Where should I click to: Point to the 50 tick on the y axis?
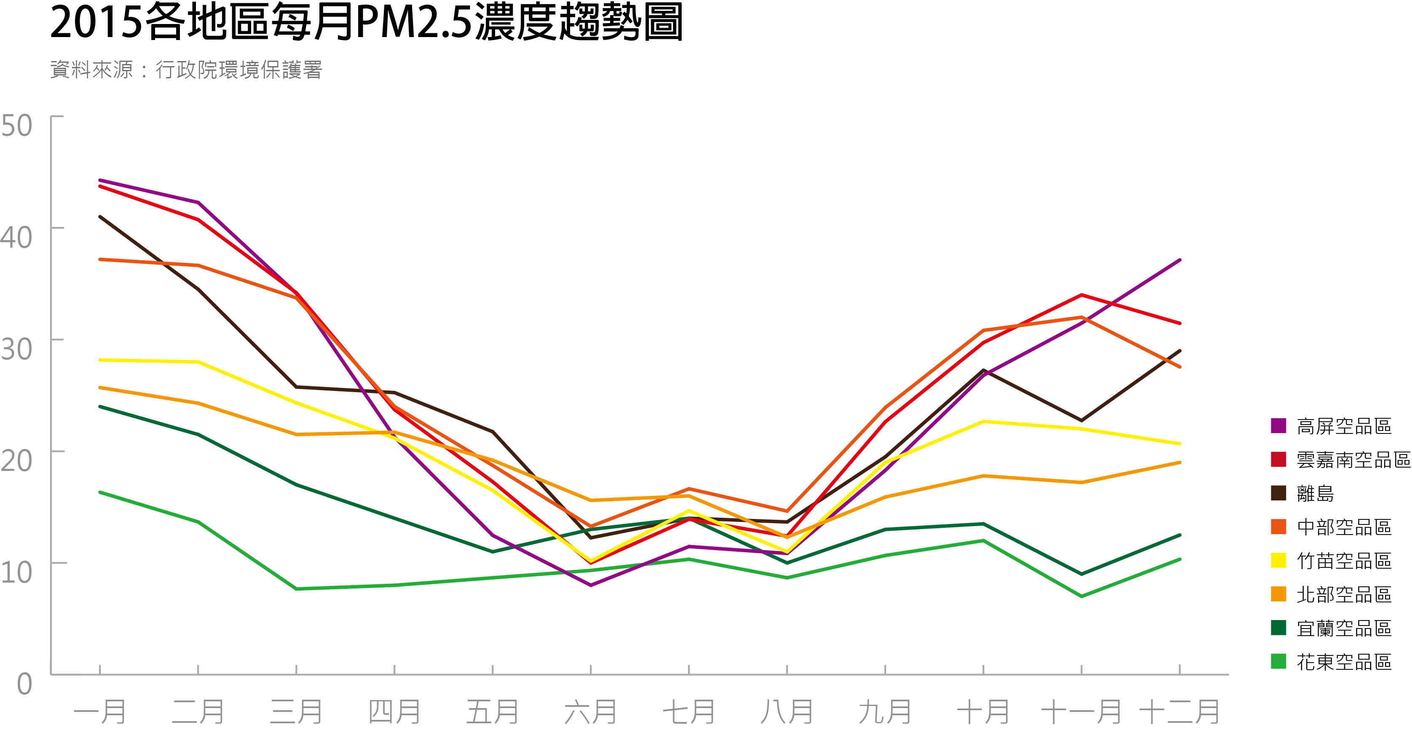click(x=16, y=126)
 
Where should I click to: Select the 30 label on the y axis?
click(x=16, y=349)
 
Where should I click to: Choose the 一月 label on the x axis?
click(x=100, y=712)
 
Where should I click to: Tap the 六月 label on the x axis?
click(x=590, y=712)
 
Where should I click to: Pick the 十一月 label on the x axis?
click(x=1081, y=712)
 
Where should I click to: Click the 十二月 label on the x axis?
click(x=1179, y=712)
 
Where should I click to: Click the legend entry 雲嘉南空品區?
click(x=1353, y=460)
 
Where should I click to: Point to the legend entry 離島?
click(x=1315, y=494)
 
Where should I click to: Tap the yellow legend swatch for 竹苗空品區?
click(x=1278, y=560)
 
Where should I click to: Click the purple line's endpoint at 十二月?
click(x=1179, y=260)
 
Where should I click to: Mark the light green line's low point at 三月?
click(x=296, y=588)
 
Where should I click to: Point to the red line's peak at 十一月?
click(x=1081, y=295)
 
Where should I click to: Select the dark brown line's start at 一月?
click(x=100, y=217)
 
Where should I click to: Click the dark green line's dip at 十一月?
click(x=1081, y=574)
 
